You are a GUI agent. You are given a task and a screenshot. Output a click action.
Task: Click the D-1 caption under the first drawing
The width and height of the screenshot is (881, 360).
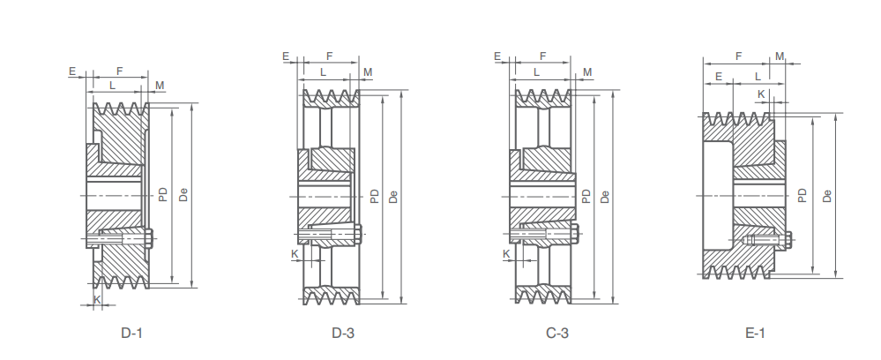(x=132, y=333)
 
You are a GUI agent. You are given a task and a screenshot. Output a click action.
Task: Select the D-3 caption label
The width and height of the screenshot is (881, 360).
(x=343, y=333)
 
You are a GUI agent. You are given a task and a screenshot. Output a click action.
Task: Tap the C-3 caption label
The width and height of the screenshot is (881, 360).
(x=557, y=333)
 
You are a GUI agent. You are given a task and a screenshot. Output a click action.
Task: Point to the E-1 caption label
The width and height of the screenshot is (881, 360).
(x=755, y=333)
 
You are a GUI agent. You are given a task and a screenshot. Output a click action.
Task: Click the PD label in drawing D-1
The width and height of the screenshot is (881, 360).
(x=163, y=195)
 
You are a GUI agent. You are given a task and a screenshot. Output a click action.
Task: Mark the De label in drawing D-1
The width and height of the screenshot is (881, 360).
(x=183, y=195)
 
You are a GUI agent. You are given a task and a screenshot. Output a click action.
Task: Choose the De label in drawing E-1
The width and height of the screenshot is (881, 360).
(x=827, y=196)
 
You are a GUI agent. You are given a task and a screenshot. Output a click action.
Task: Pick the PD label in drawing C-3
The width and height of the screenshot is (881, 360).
(x=586, y=196)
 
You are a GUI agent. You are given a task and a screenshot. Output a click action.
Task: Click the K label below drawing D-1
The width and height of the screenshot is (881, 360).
(x=97, y=300)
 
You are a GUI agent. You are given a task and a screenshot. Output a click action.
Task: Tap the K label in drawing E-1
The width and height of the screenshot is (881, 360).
(x=761, y=94)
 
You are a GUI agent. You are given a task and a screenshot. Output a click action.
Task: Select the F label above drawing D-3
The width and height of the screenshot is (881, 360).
(x=330, y=56)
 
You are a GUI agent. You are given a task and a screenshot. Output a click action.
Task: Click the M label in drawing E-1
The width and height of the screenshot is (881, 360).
(x=780, y=56)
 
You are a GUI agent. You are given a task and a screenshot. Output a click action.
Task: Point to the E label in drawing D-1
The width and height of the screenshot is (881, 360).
(x=72, y=71)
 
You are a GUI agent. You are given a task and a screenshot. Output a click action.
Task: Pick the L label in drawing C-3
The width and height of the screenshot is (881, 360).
(x=536, y=72)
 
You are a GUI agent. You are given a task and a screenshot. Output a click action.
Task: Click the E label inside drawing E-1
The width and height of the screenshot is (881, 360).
(x=719, y=77)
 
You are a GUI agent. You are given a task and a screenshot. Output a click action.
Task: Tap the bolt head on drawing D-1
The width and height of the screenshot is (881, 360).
(x=149, y=238)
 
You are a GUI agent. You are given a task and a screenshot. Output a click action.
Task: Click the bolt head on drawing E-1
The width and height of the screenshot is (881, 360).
(x=788, y=240)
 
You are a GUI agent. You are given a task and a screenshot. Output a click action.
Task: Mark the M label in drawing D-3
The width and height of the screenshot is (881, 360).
(x=368, y=72)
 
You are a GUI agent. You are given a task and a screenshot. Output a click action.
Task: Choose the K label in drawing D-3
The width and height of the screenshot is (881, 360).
(x=295, y=254)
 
